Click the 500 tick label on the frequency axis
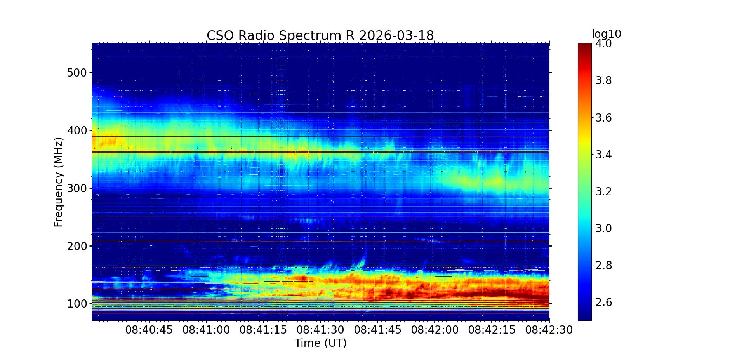pyautogui.click(x=77, y=73)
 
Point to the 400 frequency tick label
pyautogui.click(x=77, y=130)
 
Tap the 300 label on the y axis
pyautogui.click(x=77, y=188)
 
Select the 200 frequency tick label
pyautogui.click(x=77, y=246)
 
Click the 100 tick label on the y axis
pyautogui.click(x=77, y=304)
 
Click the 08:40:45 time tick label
pyautogui.click(x=149, y=330)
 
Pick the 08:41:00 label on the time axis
pyautogui.click(x=206, y=330)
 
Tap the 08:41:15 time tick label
pyautogui.click(x=263, y=330)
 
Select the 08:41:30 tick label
pyautogui.click(x=320, y=330)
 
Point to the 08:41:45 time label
pyautogui.click(x=377, y=330)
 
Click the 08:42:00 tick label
pyautogui.click(x=435, y=330)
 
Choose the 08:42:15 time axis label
pyautogui.click(x=492, y=330)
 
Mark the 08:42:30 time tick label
pyautogui.click(x=549, y=330)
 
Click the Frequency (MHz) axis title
pyautogui.click(x=59, y=182)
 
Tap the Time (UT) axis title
pyautogui.click(x=320, y=343)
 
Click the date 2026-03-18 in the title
pyautogui.click(x=396, y=36)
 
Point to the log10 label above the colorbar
pyautogui.click(x=606, y=34)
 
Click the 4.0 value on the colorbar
pyautogui.click(x=603, y=43)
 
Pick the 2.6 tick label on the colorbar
pyautogui.click(x=603, y=302)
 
